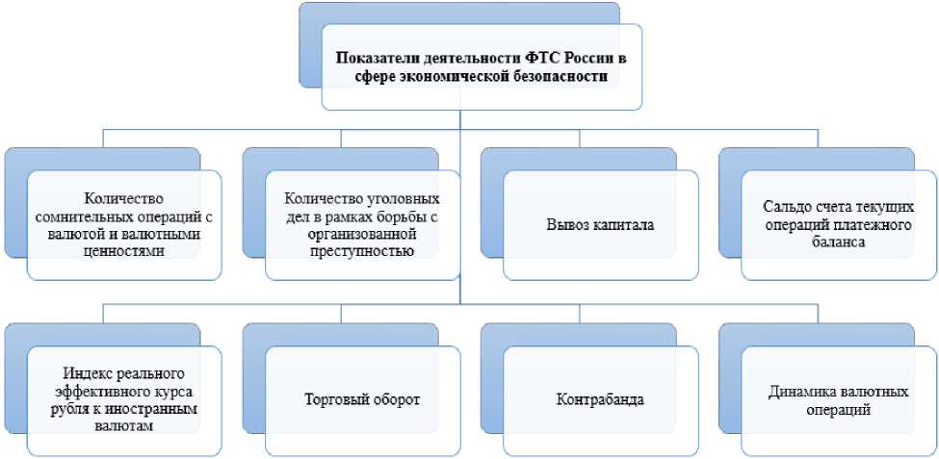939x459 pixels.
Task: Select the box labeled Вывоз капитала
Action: (x=599, y=225)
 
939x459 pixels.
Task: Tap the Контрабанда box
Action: (x=599, y=398)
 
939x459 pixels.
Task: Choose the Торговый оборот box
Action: (x=362, y=398)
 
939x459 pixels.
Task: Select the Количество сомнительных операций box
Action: (x=123, y=225)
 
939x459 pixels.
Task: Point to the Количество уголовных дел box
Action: (x=362, y=225)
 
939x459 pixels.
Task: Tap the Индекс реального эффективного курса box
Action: (x=123, y=398)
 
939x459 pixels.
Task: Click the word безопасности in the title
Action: (x=561, y=77)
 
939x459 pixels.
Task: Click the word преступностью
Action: (x=362, y=252)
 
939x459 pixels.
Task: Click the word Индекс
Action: (x=83, y=373)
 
